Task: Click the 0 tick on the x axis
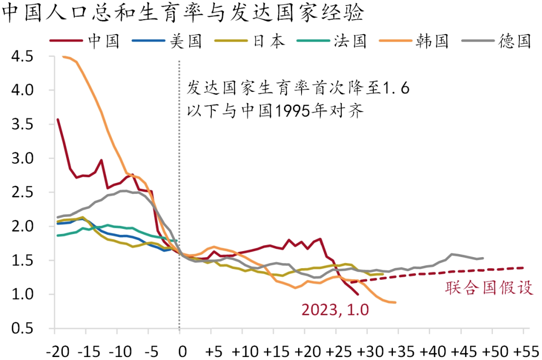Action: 183,349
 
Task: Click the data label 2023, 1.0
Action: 335,310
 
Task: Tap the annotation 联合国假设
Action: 489,288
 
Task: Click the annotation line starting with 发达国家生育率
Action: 298,89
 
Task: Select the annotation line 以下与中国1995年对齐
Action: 275,111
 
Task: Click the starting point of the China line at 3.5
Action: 58,119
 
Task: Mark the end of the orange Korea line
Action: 395,302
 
